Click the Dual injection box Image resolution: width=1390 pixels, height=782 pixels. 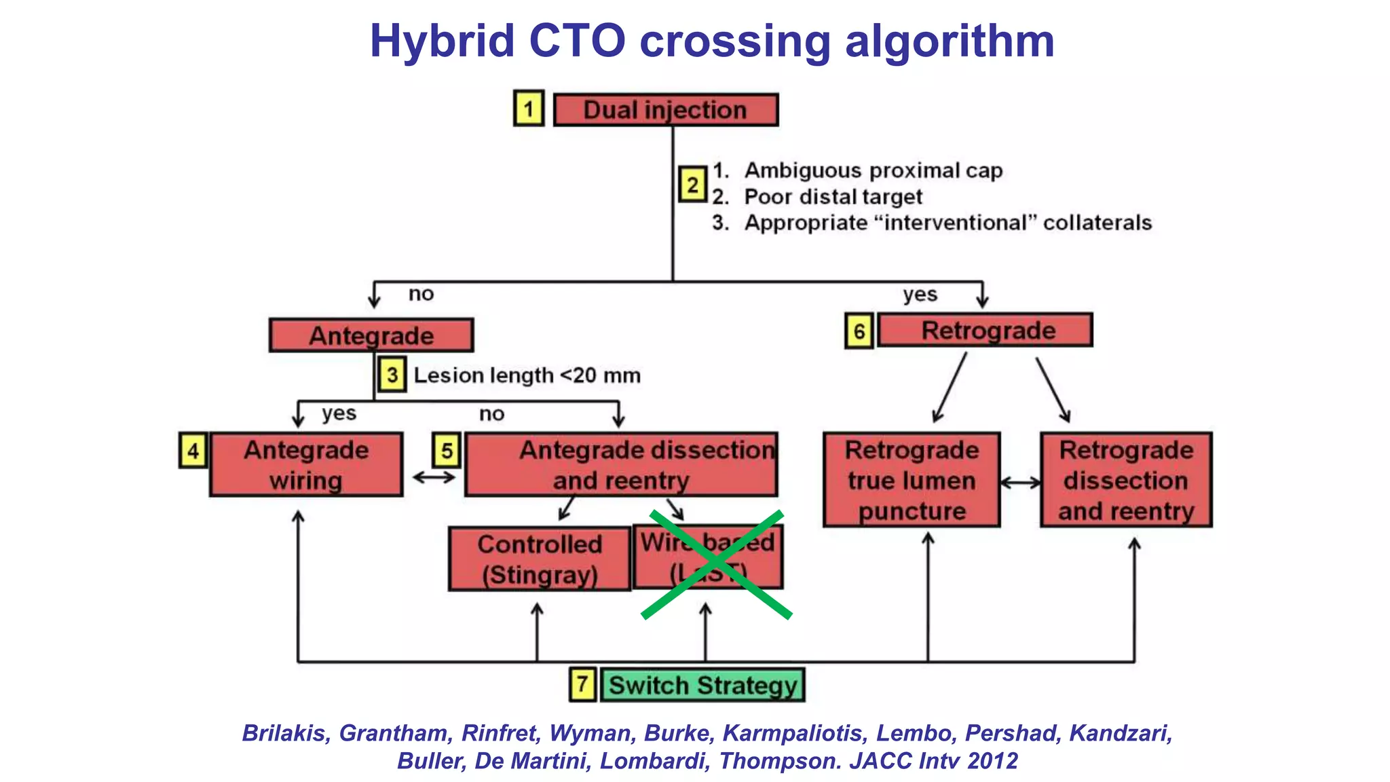tap(665, 110)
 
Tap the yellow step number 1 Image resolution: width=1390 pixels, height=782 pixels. tap(528, 109)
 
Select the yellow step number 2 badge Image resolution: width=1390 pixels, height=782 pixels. tap(692, 185)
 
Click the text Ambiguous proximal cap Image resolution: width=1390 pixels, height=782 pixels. tap(873, 170)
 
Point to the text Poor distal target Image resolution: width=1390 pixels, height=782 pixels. tap(833, 197)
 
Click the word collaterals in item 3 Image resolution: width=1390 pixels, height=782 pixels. tap(1097, 223)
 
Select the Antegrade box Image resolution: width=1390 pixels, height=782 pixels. tap(371, 335)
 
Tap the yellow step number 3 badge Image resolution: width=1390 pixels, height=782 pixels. tap(392, 375)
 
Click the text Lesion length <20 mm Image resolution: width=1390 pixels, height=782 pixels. tap(527, 375)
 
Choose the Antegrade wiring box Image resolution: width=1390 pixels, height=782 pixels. tap(306, 465)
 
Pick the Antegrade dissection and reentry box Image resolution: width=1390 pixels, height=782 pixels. tap(621, 465)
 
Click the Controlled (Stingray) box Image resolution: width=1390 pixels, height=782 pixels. tap(540, 559)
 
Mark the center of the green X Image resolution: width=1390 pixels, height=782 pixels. tap(716, 565)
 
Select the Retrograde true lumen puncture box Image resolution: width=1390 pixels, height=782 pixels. tap(912, 480)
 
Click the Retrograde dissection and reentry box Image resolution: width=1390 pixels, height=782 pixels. tap(1126, 480)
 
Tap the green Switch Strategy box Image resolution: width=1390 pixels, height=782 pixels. tap(702, 685)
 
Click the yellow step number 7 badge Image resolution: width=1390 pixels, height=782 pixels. tap(582, 684)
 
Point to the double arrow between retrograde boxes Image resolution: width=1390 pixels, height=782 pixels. tap(1020, 483)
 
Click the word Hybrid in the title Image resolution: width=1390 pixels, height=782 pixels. tap(442, 41)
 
